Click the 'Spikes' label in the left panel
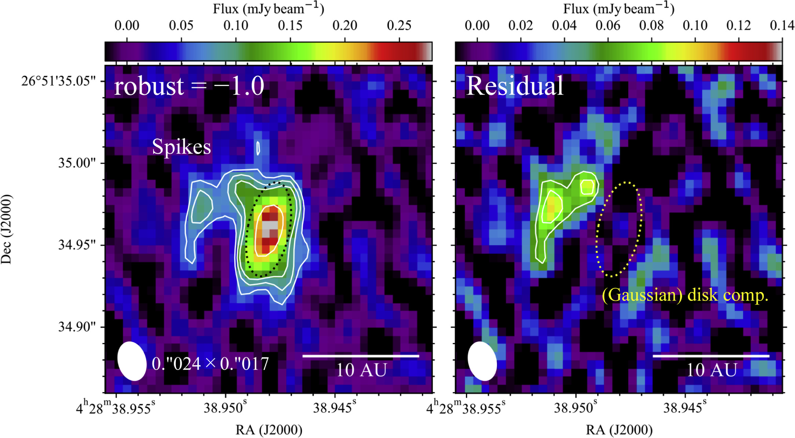click(x=181, y=146)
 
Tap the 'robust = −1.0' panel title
click(x=189, y=86)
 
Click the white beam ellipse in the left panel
click(x=132, y=361)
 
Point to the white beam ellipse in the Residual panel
click(x=482, y=361)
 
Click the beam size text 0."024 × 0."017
click(x=210, y=364)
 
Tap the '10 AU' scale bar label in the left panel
click(x=361, y=370)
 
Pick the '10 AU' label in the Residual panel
click(x=712, y=370)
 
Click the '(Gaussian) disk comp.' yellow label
click(x=685, y=295)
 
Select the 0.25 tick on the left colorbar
click(x=399, y=26)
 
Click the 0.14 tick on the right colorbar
click(x=782, y=26)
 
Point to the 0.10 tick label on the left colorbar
click(x=236, y=26)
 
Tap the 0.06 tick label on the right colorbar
click(x=608, y=26)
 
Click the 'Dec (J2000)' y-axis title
click(x=7, y=229)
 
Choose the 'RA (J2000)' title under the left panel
click(x=269, y=430)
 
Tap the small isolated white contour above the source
click(x=259, y=148)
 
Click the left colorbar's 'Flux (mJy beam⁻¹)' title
click(x=268, y=9)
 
